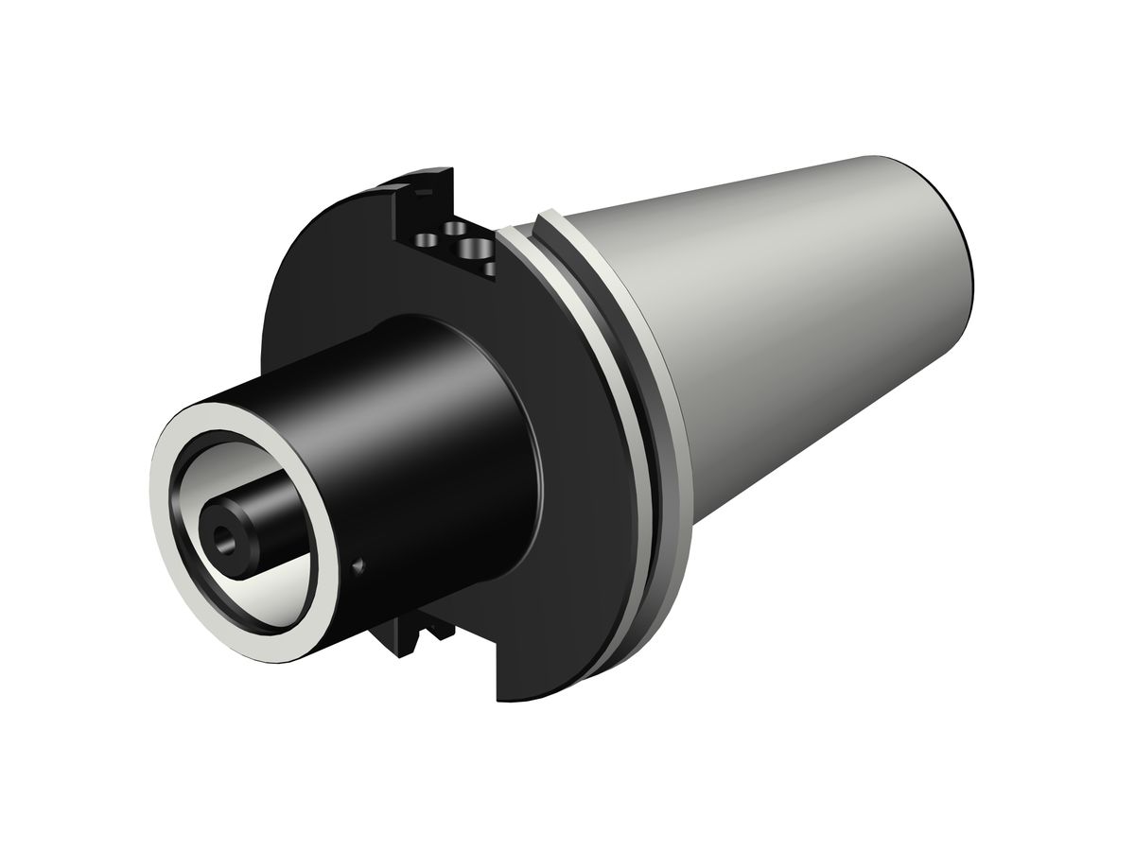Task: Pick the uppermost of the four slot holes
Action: [x=456, y=228]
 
